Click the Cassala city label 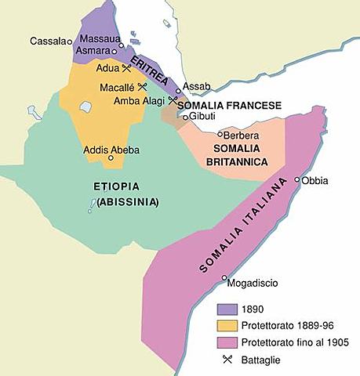click(46, 41)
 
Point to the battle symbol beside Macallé click(143, 86)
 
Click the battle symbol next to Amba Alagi click(172, 100)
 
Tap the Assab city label click(195, 85)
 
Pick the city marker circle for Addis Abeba click(111, 157)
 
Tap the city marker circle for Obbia click(297, 180)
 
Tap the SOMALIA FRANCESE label click(218, 103)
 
